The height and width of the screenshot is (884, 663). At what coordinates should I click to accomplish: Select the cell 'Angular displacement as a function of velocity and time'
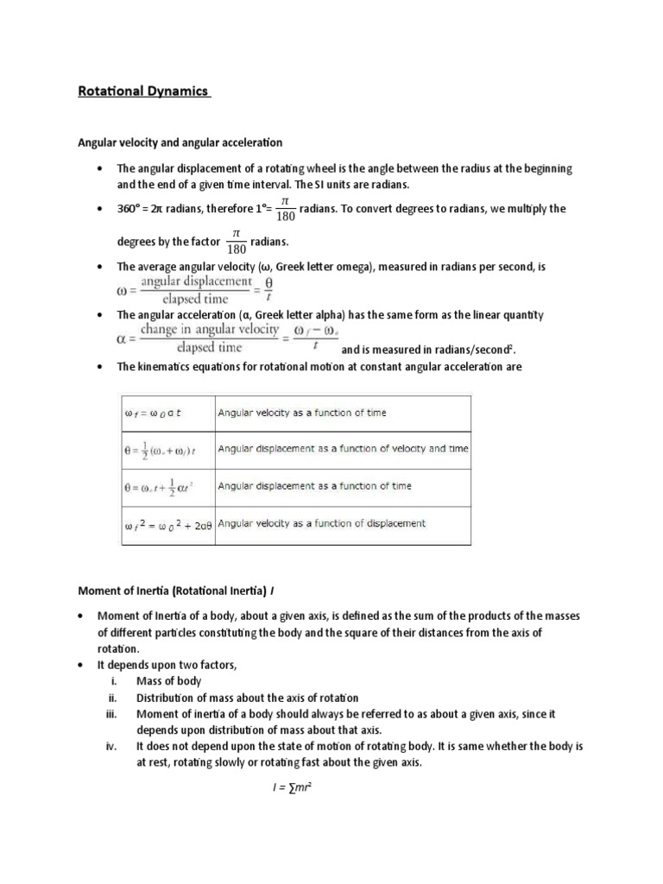pos(343,449)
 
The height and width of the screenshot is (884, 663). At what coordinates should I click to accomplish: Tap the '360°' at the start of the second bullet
pos(129,209)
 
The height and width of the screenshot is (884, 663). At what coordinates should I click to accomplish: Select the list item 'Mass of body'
pos(168,681)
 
